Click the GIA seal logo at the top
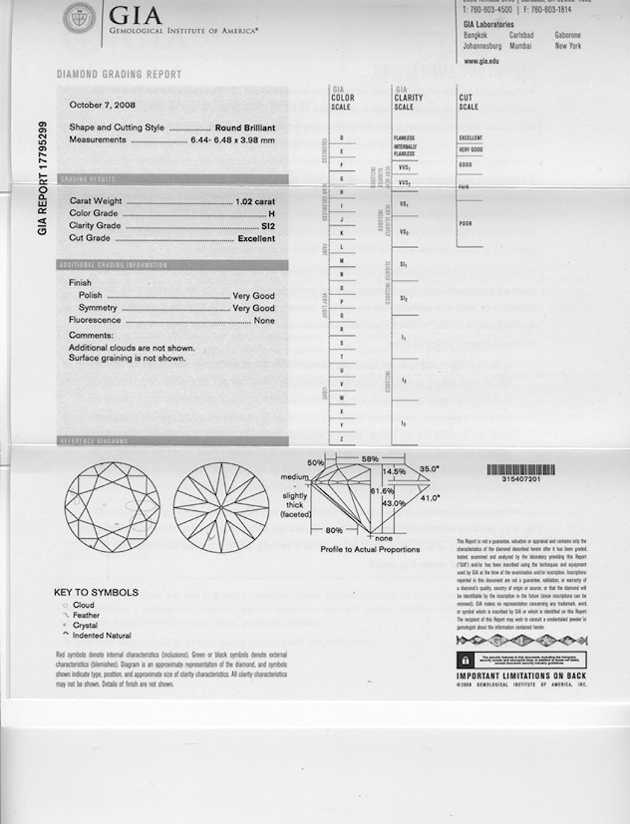(80, 19)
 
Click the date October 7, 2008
(103, 105)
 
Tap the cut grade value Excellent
(255, 239)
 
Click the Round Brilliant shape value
(244, 129)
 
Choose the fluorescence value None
(264, 321)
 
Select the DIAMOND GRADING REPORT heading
(119, 75)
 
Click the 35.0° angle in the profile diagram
(430, 467)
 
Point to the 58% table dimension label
(370, 457)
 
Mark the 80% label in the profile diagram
(334, 530)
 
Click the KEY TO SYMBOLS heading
(96, 593)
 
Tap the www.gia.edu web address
(482, 61)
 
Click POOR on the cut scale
(466, 223)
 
